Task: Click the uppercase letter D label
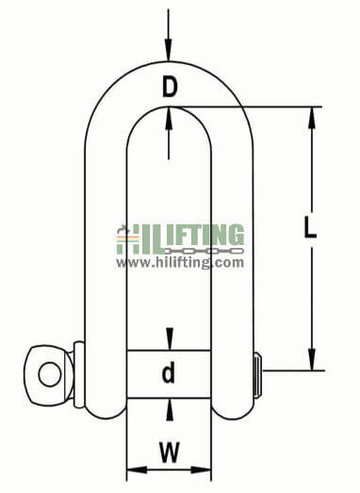click(x=169, y=88)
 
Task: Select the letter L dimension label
click(x=312, y=227)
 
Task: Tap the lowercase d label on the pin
click(x=169, y=373)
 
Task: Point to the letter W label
click(x=169, y=453)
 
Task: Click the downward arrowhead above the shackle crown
click(x=169, y=52)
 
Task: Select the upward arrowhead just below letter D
click(x=169, y=115)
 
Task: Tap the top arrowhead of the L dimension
click(x=312, y=116)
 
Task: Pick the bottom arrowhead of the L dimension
click(x=312, y=363)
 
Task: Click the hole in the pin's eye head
click(x=49, y=369)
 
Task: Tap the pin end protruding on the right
click(x=257, y=370)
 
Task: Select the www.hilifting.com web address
click(x=180, y=263)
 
